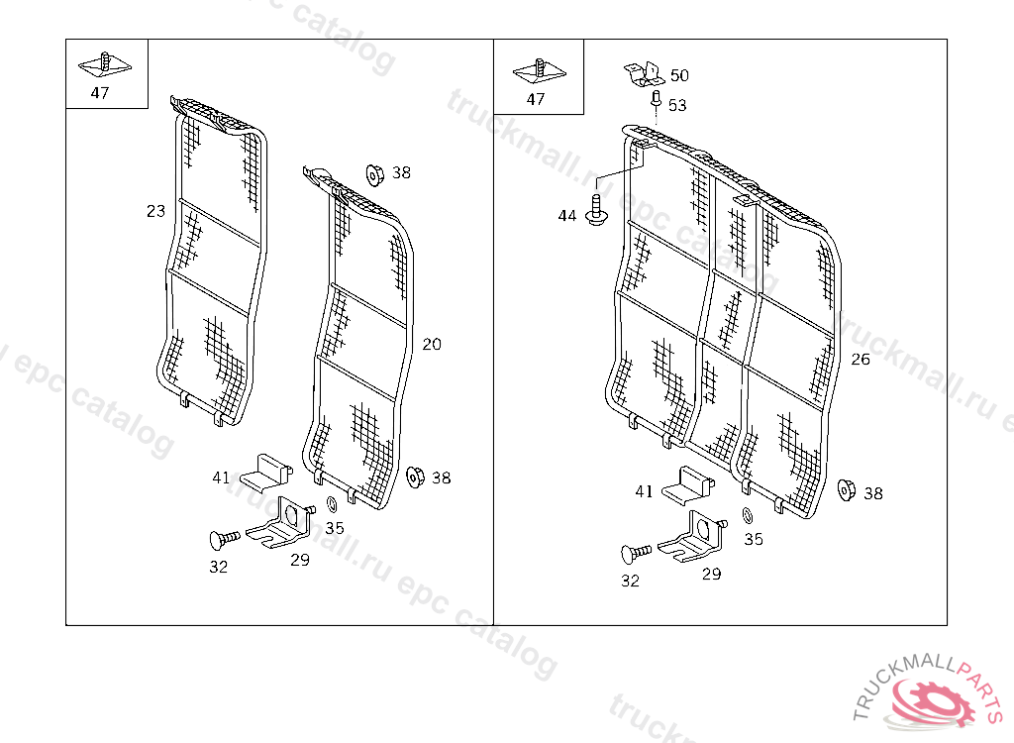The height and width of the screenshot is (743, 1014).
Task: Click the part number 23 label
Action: (155, 211)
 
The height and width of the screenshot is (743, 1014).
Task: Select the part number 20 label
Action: (432, 345)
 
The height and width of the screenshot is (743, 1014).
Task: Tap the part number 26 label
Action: (861, 360)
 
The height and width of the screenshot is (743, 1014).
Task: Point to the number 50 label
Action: (679, 75)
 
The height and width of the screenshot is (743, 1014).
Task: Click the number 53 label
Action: (677, 105)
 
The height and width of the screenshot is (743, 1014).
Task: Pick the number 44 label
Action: (567, 215)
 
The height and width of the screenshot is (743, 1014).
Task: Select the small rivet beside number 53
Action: (656, 99)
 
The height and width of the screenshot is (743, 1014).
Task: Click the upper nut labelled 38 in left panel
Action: (374, 174)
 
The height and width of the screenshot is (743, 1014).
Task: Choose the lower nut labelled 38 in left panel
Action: (415, 478)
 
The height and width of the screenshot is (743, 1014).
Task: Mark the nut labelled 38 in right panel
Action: (847, 490)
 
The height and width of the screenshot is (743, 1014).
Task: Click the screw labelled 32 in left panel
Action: (224, 539)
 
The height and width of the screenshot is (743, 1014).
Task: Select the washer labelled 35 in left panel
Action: (331, 505)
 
